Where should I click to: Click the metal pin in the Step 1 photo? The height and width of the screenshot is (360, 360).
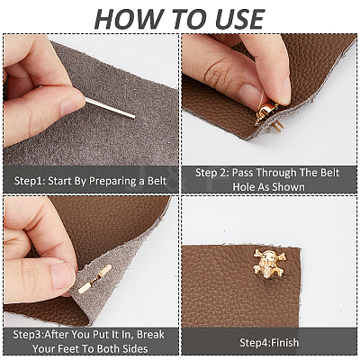(x=110, y=108)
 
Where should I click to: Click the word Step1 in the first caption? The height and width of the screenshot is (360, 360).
(x=30, y=182)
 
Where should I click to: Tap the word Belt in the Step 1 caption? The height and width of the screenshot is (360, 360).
(x=157, y=181)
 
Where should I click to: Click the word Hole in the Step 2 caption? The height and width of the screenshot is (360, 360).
(x=244, y=187)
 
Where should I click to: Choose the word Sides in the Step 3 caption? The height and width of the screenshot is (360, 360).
(x=135, y=348)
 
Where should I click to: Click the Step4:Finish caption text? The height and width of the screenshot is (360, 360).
(x=269, y=342)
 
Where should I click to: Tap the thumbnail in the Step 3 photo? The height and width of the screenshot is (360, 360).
(x=63, y=276)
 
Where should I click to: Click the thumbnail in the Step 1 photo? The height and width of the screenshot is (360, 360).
(x=72, y=103)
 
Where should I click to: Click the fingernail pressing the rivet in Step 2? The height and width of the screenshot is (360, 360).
(x=250, y=94)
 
